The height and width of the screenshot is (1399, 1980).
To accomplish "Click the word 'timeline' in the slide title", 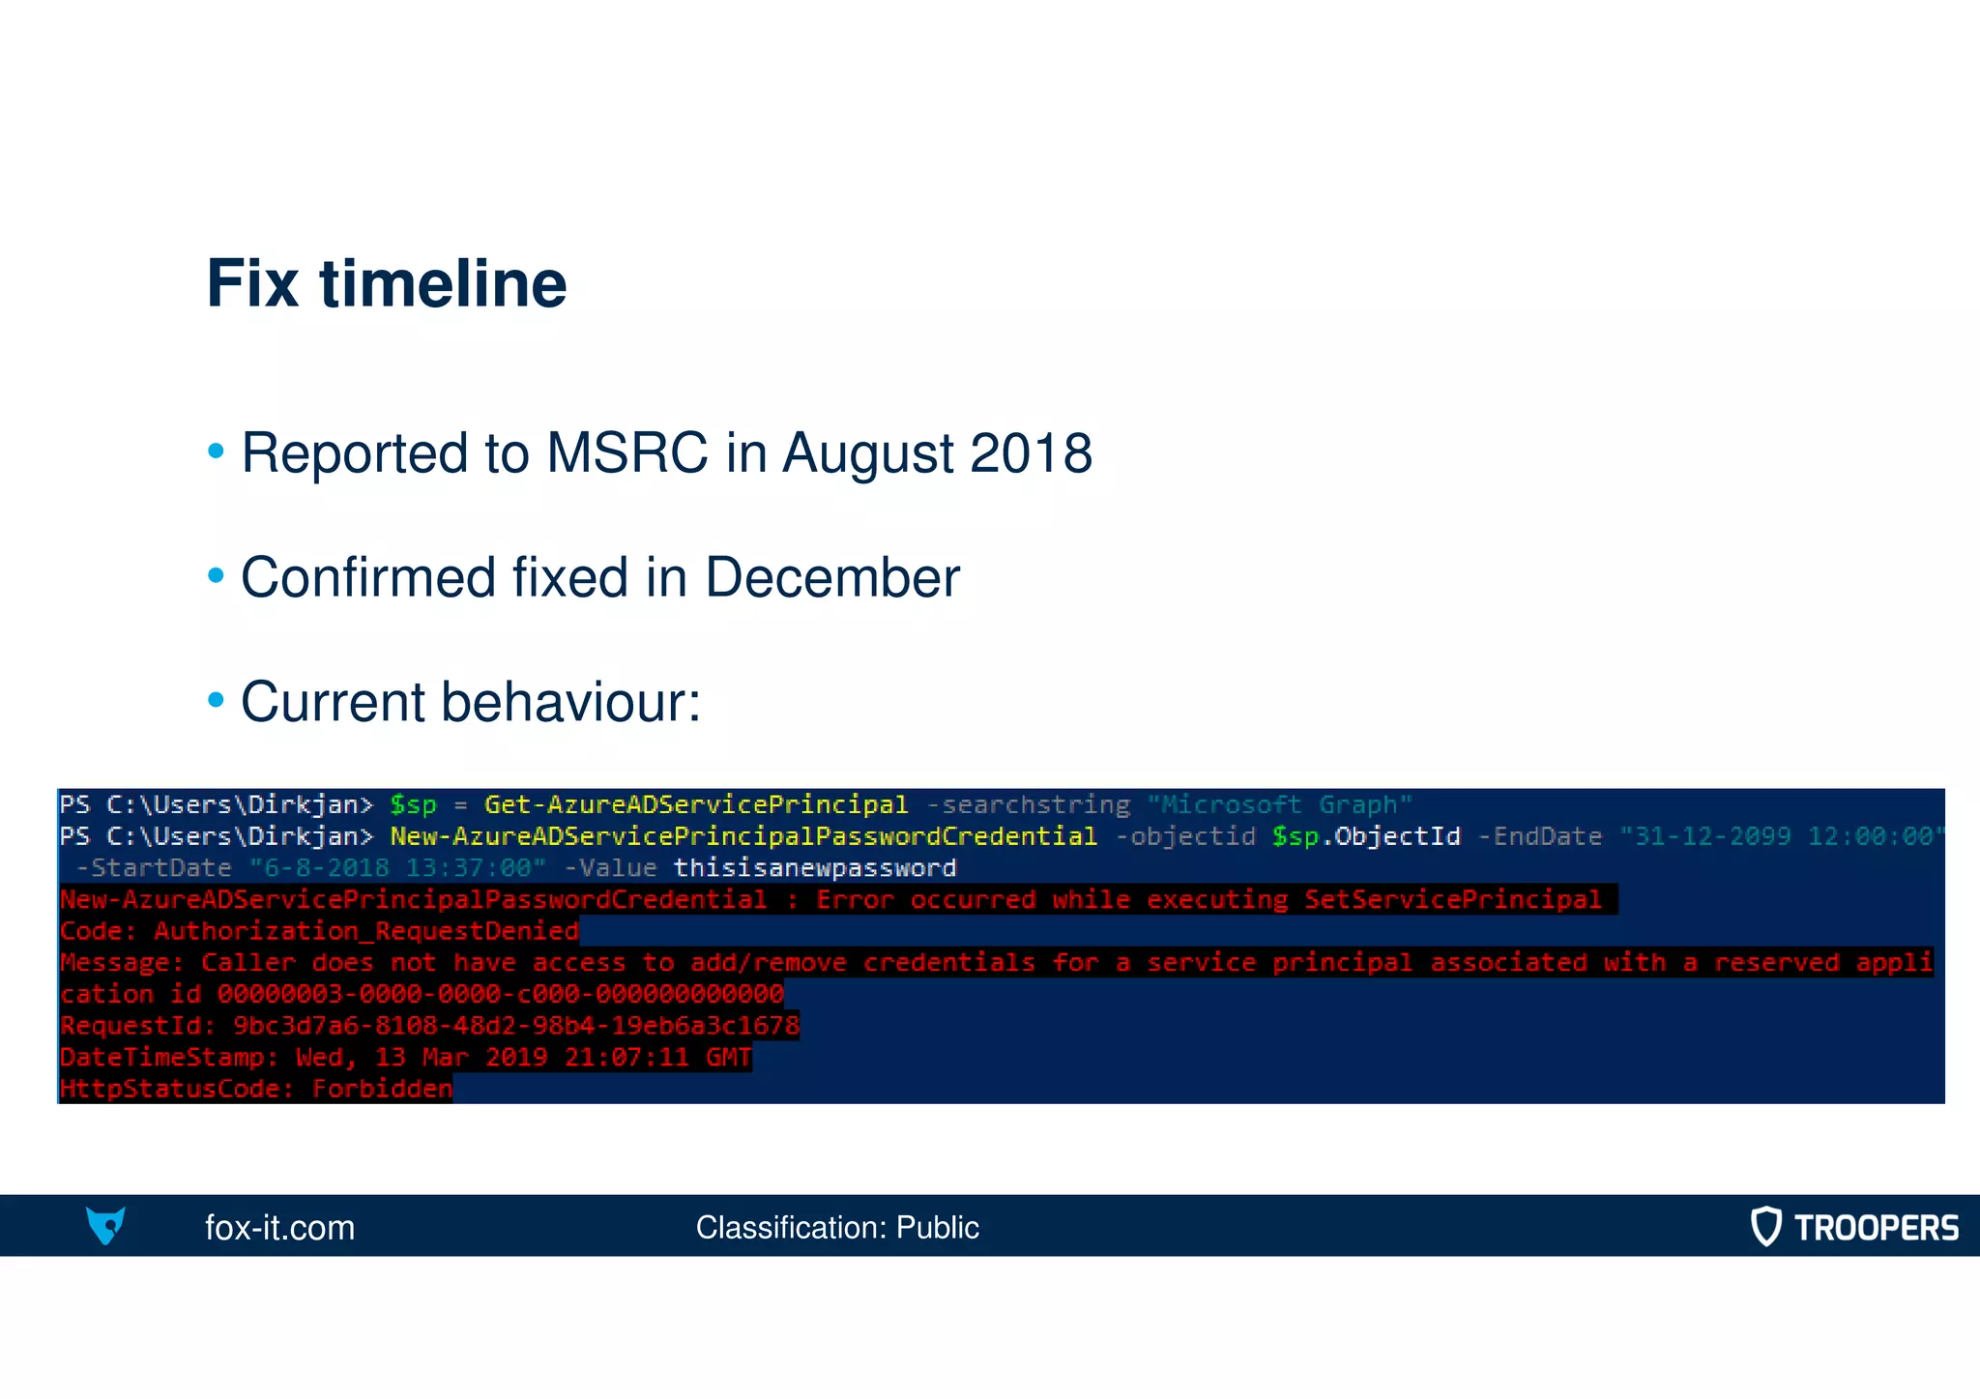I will click(x=443, y=284).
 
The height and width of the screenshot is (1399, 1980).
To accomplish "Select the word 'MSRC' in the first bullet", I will click(x=626, y=452).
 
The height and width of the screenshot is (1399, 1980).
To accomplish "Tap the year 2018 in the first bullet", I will click(x=1031, y=452).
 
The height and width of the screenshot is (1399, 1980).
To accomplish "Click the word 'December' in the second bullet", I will click(x=832, y=577).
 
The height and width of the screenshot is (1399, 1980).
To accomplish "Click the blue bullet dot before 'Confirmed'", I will click(x=216, y=576).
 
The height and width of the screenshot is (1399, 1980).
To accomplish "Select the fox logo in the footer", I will click(x=105, y=1226).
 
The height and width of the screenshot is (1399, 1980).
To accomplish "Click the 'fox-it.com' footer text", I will click(x=279, y=1228).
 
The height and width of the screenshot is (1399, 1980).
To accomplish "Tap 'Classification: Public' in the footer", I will click(x=837, y=1228).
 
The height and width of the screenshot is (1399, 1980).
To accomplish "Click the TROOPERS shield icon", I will click(x=1765, y=1226).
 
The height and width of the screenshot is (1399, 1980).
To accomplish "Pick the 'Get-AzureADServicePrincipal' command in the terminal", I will click(x=696, y=804).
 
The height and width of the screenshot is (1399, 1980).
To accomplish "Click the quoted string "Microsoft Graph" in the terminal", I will click(x=1279, y=804).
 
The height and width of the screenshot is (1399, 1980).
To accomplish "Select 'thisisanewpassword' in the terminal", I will click(x=815, y=868).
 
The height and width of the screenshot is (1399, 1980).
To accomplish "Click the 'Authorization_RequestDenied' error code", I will click(x=366, y=931).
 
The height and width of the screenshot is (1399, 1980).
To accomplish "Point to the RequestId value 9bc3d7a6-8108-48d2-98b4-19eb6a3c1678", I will click(x=516, y=1026).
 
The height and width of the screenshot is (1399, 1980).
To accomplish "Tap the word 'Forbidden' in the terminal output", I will click(x=382, y=1090).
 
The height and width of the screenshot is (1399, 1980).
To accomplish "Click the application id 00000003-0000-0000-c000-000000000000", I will click(x=500, y=994).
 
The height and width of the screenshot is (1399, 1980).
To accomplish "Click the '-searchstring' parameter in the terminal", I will click(x=1028, y=804).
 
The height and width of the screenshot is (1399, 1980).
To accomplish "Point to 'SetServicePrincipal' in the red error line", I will click(x=1452, y=900).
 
